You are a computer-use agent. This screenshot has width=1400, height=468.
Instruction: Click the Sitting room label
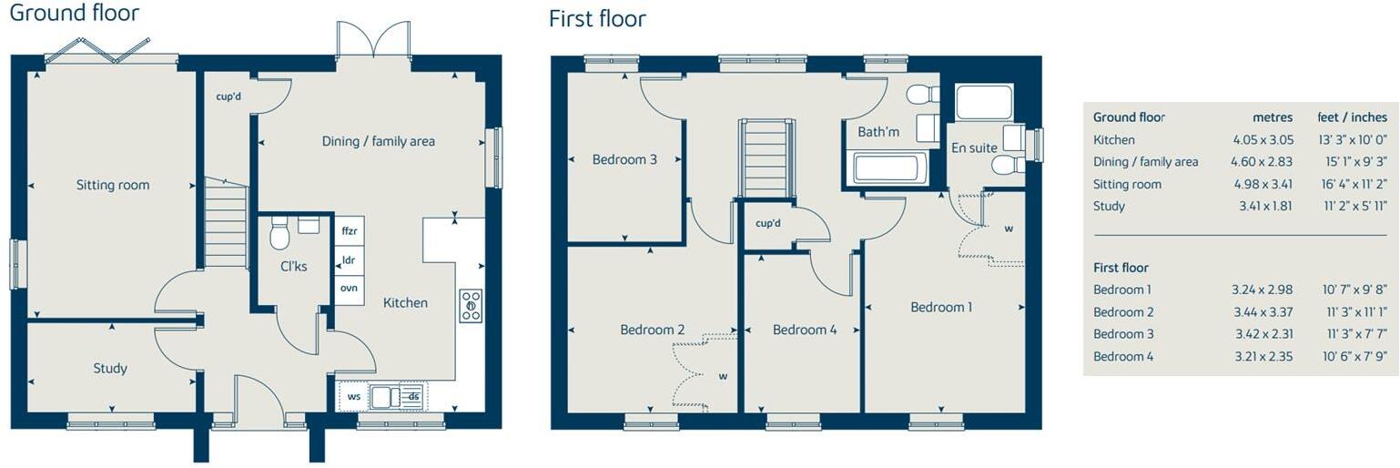point(113,185)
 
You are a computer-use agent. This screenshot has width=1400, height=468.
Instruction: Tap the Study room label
point(110,368)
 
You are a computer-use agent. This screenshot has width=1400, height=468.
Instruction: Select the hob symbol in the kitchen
point(471,306)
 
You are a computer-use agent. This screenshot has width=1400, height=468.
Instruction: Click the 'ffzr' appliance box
point(350,231)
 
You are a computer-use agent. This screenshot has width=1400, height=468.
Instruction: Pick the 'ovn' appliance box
point(350,289)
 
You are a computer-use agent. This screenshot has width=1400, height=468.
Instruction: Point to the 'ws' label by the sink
point(353,396)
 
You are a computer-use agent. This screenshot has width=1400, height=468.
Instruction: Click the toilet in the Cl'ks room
point(279,235)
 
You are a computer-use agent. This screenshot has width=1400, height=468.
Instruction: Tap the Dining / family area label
point(378,141)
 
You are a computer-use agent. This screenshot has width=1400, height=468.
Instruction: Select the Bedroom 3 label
point(624,159)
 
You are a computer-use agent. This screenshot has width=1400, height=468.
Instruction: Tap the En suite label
point(974,148)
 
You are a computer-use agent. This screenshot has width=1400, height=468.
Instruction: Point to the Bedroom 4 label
point(804,330)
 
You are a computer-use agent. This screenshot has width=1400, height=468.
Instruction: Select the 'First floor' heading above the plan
point(597,18)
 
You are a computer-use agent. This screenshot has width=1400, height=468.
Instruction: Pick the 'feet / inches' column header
point(1352,117)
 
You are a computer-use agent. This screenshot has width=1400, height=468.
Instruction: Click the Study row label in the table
point(1109,206)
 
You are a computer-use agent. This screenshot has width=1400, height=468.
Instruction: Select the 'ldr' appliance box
point(350,259)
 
